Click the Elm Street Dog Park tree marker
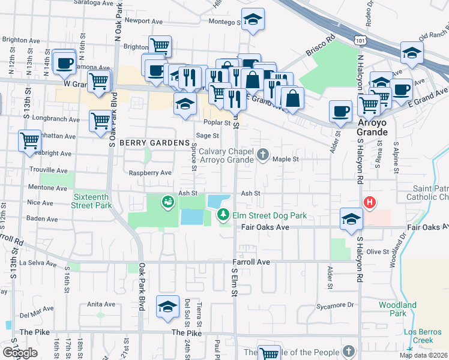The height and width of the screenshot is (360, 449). (x=223, y=214)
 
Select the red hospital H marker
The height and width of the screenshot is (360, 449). (x=370, y=203)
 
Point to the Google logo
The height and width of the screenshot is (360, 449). (x=20, y=353)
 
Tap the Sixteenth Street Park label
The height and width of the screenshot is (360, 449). (x=92, y=201)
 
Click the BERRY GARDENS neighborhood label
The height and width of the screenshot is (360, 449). (x=154, y=143)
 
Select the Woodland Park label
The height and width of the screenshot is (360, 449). (x=397, y=309)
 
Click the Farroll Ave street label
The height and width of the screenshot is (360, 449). (x=252, y=262)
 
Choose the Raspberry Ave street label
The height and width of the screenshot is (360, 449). (x=151, y=173)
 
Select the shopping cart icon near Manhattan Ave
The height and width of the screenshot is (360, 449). (x=29, y=141)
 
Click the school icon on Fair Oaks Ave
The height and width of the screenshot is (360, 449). (x=351, y=219)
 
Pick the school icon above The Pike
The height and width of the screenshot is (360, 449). (x=167, y=307)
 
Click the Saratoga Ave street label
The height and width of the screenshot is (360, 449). (x=95, y=3)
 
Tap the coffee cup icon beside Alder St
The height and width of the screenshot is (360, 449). (x=341, y=111)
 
